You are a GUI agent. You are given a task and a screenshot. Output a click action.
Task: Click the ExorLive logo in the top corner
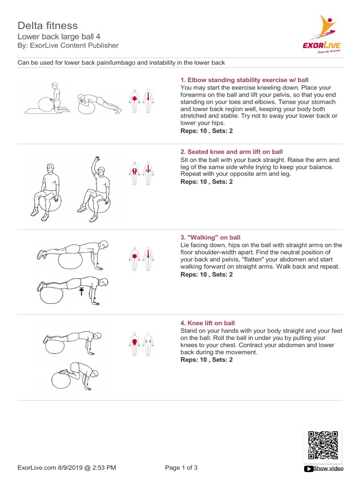322,34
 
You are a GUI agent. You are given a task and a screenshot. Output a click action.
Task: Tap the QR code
323,445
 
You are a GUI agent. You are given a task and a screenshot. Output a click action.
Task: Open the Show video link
328,468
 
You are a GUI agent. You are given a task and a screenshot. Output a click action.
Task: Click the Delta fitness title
48,25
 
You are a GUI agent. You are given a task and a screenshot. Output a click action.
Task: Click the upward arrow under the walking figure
82,292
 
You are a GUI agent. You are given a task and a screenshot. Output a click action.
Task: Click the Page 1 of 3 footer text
181,467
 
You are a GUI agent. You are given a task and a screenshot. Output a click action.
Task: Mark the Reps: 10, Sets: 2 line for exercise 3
207,274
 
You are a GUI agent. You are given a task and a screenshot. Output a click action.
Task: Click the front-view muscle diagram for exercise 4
135,344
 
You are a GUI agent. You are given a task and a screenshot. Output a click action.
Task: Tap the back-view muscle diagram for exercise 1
148,101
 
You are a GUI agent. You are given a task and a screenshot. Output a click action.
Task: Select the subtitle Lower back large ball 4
59,37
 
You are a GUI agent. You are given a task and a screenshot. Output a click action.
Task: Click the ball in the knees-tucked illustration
61,380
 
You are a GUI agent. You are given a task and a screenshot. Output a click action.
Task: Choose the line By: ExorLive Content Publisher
68,45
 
